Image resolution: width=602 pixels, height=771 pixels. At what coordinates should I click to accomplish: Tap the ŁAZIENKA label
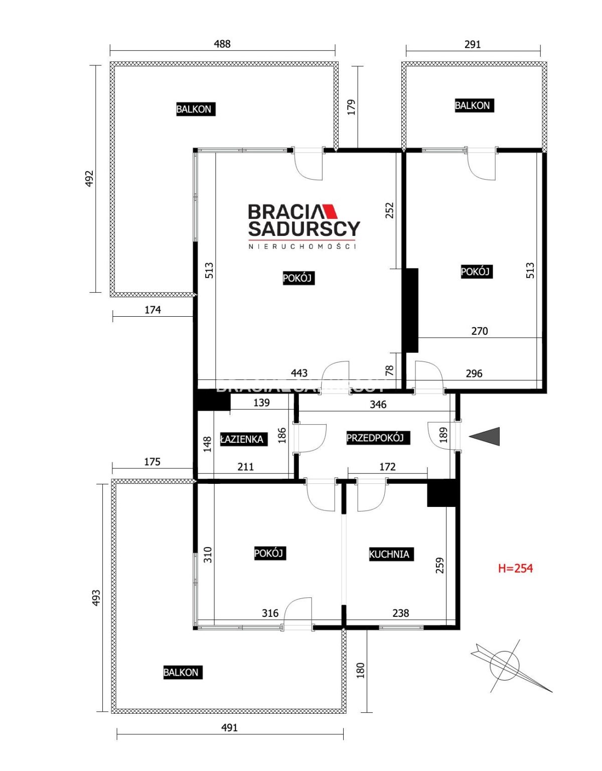point(243,439)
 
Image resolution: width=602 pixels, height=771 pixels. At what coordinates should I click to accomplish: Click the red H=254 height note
point(515,568)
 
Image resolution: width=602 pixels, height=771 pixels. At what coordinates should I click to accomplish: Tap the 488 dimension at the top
point(222,44)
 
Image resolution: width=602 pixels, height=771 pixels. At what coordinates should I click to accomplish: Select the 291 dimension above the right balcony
point(473,44)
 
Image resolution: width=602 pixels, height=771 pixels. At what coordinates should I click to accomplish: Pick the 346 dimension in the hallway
point(378,404)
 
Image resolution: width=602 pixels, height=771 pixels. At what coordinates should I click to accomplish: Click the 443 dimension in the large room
point(299,373)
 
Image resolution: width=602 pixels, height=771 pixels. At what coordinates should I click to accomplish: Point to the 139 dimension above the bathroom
point(262,403)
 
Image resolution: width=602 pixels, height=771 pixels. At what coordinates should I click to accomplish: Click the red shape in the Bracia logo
point(331,211)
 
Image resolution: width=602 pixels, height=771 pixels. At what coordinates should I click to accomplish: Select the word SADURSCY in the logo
point(304,229)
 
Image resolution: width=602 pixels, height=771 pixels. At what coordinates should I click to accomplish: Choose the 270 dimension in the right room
point(479,331)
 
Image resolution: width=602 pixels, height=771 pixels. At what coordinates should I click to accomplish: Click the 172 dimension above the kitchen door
point(387,467)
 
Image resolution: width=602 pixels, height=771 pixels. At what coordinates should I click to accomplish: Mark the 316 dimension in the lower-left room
point(270,613)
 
